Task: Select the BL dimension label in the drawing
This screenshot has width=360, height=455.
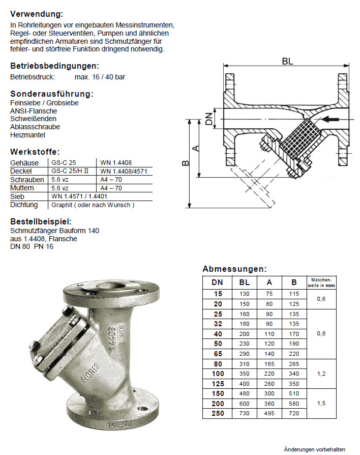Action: (288, 61)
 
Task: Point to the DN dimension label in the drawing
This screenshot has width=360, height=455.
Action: (208, 119)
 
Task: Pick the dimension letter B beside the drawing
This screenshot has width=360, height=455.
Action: (186, 163)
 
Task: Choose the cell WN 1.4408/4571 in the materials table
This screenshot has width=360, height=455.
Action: (124, 171)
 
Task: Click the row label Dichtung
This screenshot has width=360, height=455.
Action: (24, 205)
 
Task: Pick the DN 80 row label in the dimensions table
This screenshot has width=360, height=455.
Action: (217, 364)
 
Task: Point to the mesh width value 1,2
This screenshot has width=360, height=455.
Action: (321, 374)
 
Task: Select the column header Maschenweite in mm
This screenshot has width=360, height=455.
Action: (321, 282)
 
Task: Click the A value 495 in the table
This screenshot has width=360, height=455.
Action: (269, 413)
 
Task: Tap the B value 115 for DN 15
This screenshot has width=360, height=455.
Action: (293, 294)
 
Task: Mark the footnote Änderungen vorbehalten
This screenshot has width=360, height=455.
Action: (314, 449)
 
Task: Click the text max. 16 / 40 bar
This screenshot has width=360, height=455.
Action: (100, 77)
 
